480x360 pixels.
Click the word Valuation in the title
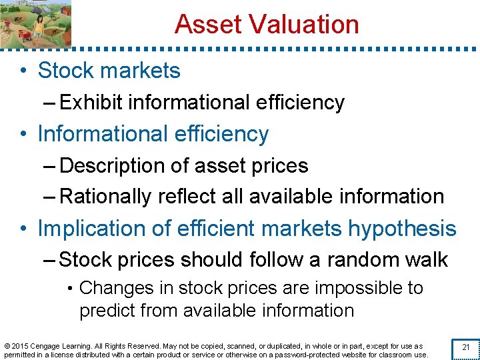(x=304, y=25)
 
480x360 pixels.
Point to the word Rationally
(x=106, y=197)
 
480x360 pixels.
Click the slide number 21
(x=466, y=347)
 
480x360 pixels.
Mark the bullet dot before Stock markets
(x=23, y=71)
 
